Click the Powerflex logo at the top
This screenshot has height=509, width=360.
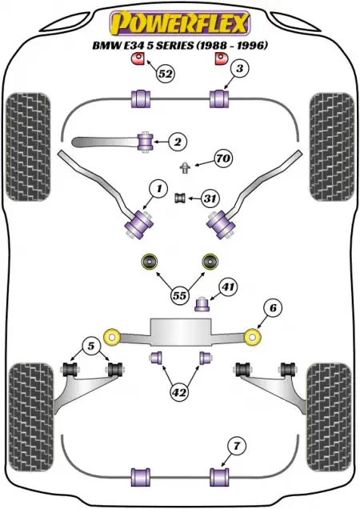(x=179, y=23)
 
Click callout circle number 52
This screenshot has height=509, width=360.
(x=165, y=74)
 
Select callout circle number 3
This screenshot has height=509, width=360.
(x=239, y=69)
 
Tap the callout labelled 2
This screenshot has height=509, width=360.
(x=178, y=142)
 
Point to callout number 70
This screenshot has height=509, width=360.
(x=222, y=158)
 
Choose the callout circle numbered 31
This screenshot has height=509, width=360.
(x=210, y=198)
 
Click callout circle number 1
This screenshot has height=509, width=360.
(x=158, y=189)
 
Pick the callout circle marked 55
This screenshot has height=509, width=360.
(x=180, y=295)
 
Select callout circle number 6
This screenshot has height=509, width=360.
(x=273, y=307)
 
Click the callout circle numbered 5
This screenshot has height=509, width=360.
(x=91, y=346)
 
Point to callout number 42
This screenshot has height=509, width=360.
(x=179, y=392)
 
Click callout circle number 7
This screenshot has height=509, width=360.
(x=236, y=446)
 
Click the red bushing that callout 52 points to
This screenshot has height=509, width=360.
(x=138, y=58)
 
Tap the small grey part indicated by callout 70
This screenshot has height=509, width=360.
(x=185, y=167)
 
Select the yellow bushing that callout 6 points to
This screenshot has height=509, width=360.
(x=253, y=337)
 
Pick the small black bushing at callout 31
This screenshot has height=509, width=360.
(x=180, y=198)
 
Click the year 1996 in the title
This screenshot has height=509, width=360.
(x=250, y=46)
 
